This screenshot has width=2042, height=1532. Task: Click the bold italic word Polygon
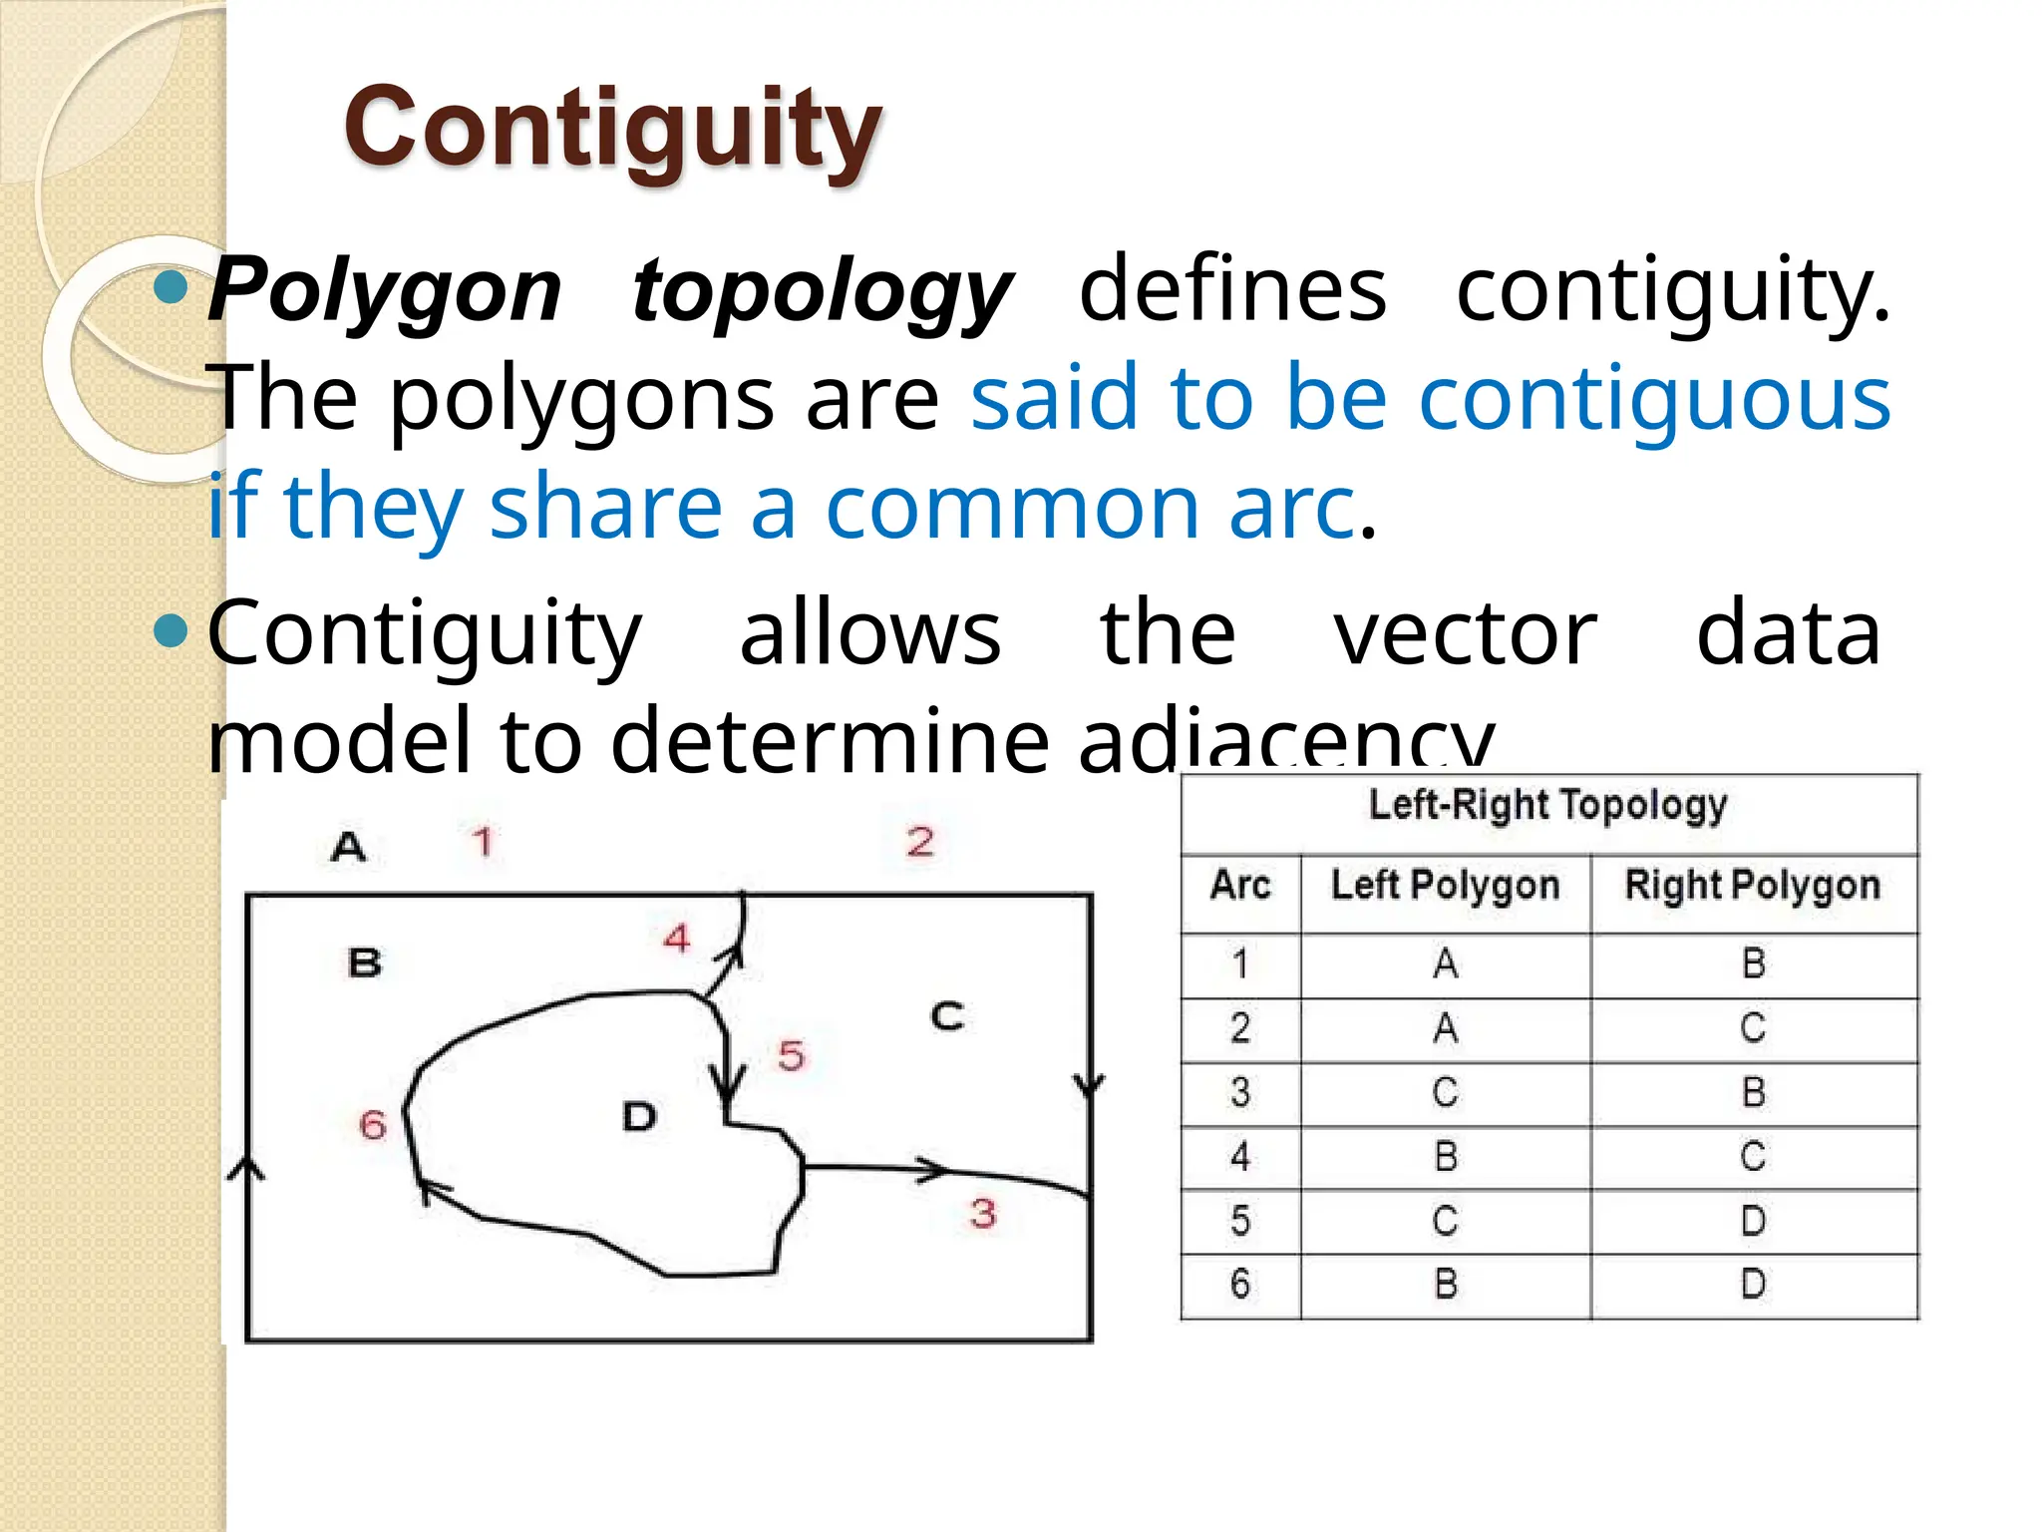coord(385,290)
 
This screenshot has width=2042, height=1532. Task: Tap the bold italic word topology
coord(823,290)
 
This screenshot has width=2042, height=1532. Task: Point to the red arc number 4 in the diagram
coord(677,938)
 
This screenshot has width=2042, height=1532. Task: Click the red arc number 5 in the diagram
coord(792,1055)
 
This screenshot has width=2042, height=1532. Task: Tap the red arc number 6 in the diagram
coord(372,1125)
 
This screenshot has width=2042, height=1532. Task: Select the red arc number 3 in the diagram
coord(983,1213)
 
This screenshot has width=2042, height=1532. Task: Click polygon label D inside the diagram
coord(639,1116)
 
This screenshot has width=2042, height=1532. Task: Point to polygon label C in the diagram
coord(947,1016)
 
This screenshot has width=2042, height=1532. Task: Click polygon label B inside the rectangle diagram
coord(365,963)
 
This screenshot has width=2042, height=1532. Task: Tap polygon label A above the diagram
coord(348,847)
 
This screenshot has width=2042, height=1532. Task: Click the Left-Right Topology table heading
coord(1547,805)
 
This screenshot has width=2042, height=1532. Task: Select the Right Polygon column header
coord(1752,886)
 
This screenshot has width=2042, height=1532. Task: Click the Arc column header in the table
coord(1240,886)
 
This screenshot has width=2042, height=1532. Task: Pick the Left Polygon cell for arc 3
coord(1445,1092)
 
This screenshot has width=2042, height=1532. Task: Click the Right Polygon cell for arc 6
coord(1753,1284)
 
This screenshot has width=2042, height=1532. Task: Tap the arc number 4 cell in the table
coord(1240,1157)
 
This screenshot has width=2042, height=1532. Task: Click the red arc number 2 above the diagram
coord(920,842)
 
